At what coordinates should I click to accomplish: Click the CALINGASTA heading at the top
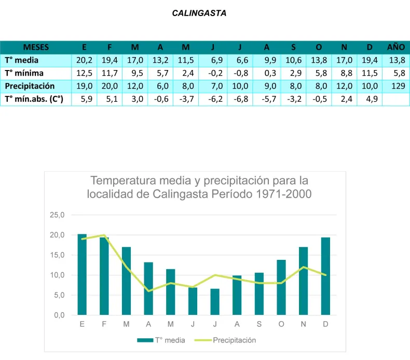click(x=199, y=13)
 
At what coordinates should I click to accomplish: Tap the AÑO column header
click(x=396, y=47)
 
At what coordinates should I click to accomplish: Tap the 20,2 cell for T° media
click(x=84, y=60)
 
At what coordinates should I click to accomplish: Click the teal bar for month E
click(x=82, y=274)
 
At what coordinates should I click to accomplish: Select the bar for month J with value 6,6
click(x=215, y=302)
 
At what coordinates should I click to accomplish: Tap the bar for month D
click(x=325, y=276)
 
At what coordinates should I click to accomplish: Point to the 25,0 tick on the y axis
click(x=57, y=215)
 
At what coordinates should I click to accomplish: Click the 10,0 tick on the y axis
click(x=57, y=275)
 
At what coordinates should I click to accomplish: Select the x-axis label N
click(x=303, y=325)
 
